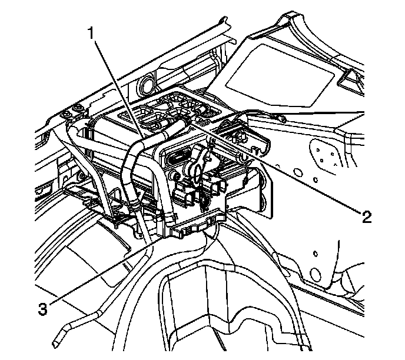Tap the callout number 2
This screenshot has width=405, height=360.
pos(367,217)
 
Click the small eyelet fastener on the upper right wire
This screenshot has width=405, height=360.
pos(283,119)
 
